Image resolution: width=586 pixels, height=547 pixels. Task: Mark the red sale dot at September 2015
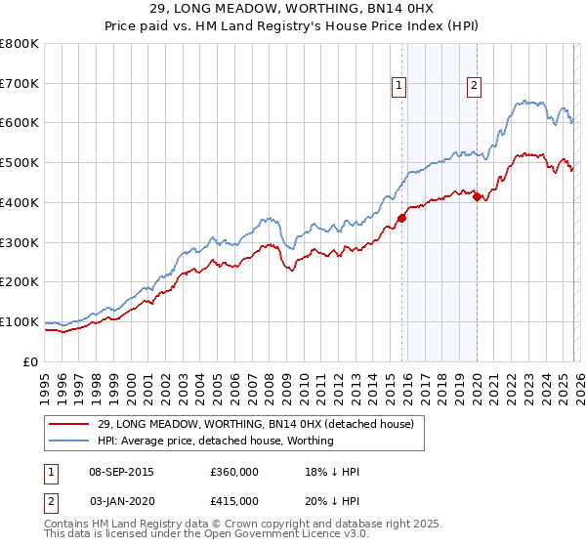tap(401, 218)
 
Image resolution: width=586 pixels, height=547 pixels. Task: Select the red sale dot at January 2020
tap(477, 196)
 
